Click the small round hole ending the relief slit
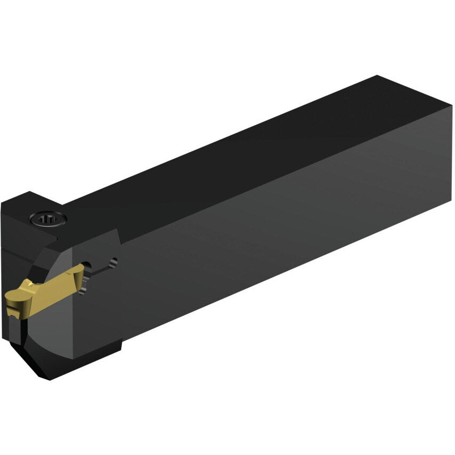click(112, 262)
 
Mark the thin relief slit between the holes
click(101, 269)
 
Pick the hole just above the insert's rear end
click(88, 265)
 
